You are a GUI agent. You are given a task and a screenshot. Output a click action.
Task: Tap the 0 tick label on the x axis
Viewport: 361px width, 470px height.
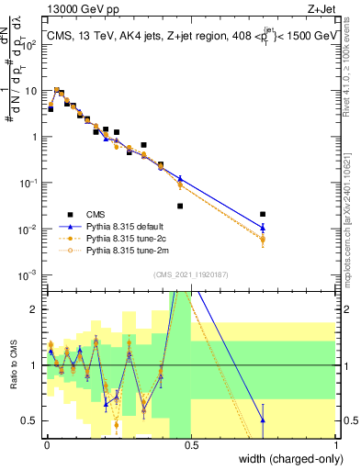45,443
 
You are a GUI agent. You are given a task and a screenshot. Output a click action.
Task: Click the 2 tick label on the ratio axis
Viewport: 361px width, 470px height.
35,309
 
